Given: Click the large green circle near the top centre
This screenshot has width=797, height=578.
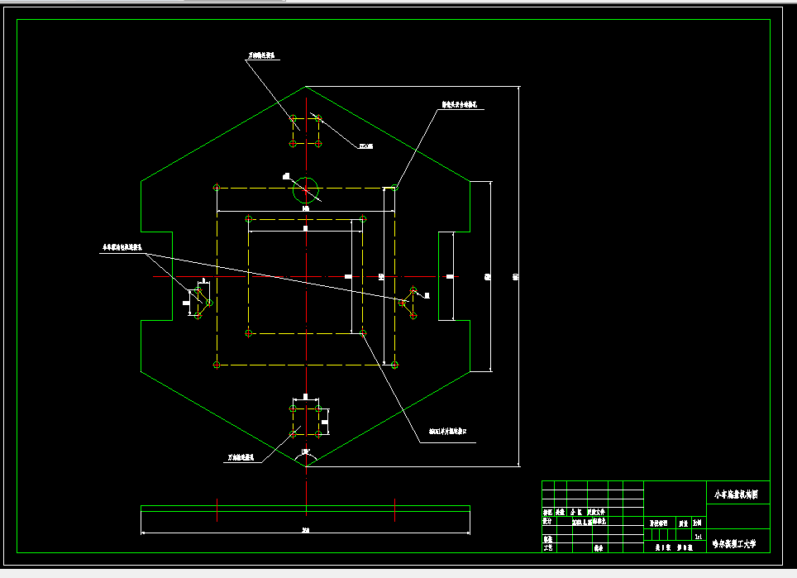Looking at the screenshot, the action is [305, 191].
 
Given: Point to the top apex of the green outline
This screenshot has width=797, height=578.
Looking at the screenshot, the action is [306, 86].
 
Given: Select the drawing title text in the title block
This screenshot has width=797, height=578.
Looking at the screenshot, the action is [738, 494].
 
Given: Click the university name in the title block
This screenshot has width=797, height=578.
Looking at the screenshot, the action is [738, 544].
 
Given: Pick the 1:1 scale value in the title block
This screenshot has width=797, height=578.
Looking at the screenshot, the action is [699, 536].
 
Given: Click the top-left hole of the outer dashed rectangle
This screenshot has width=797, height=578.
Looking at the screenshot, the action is [217, 188].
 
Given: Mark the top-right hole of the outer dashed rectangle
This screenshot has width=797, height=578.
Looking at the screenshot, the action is [394, 188].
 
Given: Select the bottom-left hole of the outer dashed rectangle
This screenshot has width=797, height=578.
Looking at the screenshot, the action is [217, 364].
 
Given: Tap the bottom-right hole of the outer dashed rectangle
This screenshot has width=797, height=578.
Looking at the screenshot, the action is [394, 364].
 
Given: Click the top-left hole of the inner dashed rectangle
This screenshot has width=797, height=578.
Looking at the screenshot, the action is [249, 219].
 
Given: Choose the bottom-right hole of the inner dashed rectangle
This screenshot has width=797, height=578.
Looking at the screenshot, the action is [363, 332].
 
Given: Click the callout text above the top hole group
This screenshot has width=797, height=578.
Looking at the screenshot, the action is [262, 57].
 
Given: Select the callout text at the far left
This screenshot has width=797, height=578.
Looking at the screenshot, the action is [122, 246].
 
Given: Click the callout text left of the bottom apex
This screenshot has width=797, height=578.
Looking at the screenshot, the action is [244, 456].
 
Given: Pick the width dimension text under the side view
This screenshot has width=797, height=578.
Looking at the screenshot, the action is [305, 530].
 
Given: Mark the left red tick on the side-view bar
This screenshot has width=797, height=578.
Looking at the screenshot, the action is [217, 509].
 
